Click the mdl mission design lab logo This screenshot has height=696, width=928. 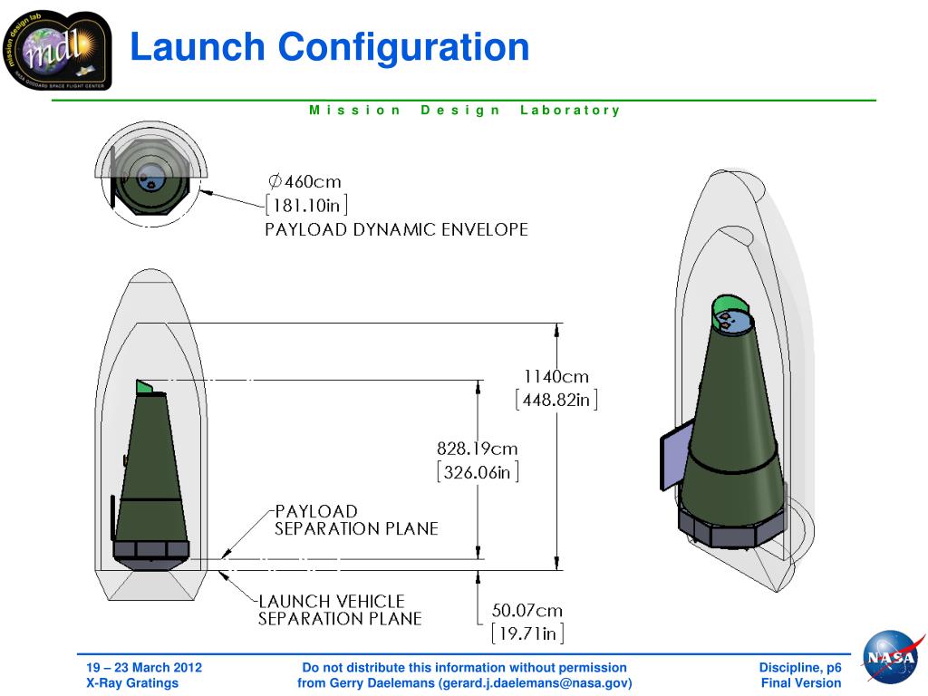click(x=56, y=51)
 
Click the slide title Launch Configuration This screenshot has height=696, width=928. click(x=329, y=47)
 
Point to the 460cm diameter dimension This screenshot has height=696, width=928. click(x=305, y=181)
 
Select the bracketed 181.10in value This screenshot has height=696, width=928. click(x=305, y=205)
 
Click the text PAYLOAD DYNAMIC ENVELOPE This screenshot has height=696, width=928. click(x=396, y=230)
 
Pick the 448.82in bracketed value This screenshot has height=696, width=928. click(x=556, y=400)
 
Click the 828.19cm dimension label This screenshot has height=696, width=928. click(x=478, y=449)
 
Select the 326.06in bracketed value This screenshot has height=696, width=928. click(x=478, y=472)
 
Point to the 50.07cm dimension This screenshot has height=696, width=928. click(x=527, y=610)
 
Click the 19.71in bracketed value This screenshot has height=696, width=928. click(x=527, y=633)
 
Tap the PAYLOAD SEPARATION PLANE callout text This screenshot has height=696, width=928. click(x=356, y=520)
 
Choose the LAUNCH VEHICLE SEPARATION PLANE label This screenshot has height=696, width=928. click(x=340, y=610)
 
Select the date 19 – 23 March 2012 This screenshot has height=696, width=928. click(x=139, y=668)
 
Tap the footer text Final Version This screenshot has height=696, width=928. click(x=801, y=683)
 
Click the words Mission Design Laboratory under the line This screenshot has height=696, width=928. click(x=464, y=111)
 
